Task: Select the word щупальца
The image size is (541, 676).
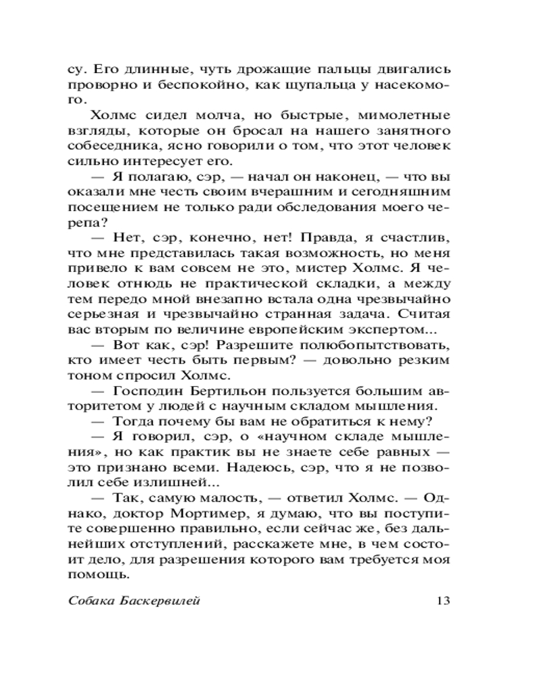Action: (x=350, y=87)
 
